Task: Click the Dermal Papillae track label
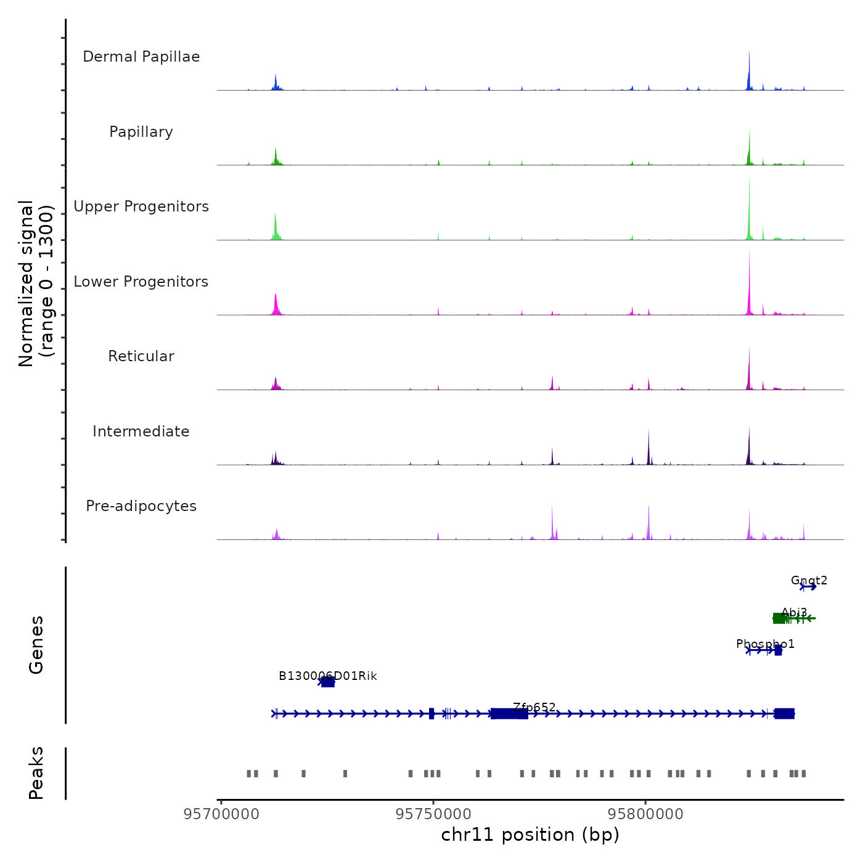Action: pyautogui.click(x=141, y=57)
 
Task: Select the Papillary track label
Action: pyautogui.click(x=141, y=132)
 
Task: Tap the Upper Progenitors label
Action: pyautogui.click(x=141, y=207)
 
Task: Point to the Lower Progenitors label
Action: pyautogui.click(x=141, y=282)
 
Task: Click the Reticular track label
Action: pyautogui.click(x=141, y=356)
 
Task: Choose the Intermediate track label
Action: pyautogui.click(x=141, y=431)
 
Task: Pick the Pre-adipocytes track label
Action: pyautogui.click(x=141, y=506)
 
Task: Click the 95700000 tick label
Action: pyautogui.click(x=221, y=814)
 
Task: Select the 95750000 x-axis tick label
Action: pyautogui.click(x=433, y=814)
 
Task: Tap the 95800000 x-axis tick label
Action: pyautogui.click(x=645, y=814)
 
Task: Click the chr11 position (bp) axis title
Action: pyautogui.click(x=530, y=835)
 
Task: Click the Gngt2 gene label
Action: pyautogui.click(x=809, y=581)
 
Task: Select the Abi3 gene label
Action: pyautogui.click(x=794, y=612)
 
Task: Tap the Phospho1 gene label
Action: pyautogui.click(x=765, y=644)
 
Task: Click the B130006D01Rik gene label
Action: pyautogui.click(x=327, y=676)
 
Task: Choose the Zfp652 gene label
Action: pyautogui.click(x=534, y=708)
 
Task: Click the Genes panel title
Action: pyautogui.click(x=36, y=645)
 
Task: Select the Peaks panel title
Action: pyautogui.click(x=36, y=773)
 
